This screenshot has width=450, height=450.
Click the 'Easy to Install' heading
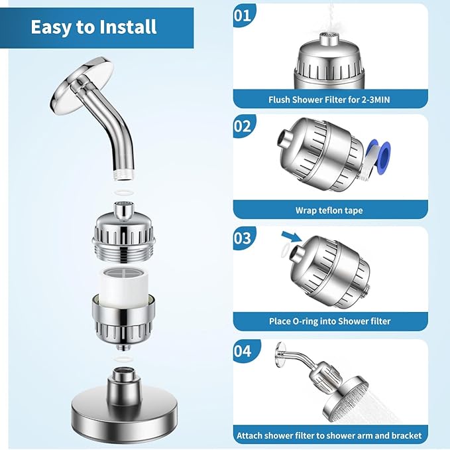(x=93, y=27)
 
